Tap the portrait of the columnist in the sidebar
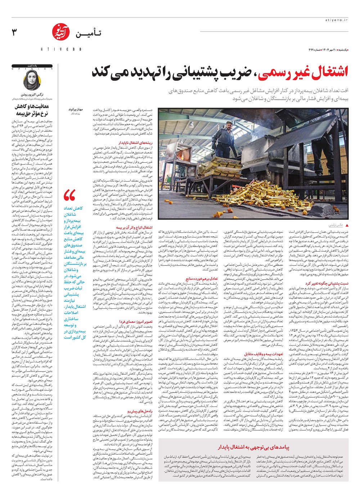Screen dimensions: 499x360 [32, 80]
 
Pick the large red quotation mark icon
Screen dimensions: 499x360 [69, 196]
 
